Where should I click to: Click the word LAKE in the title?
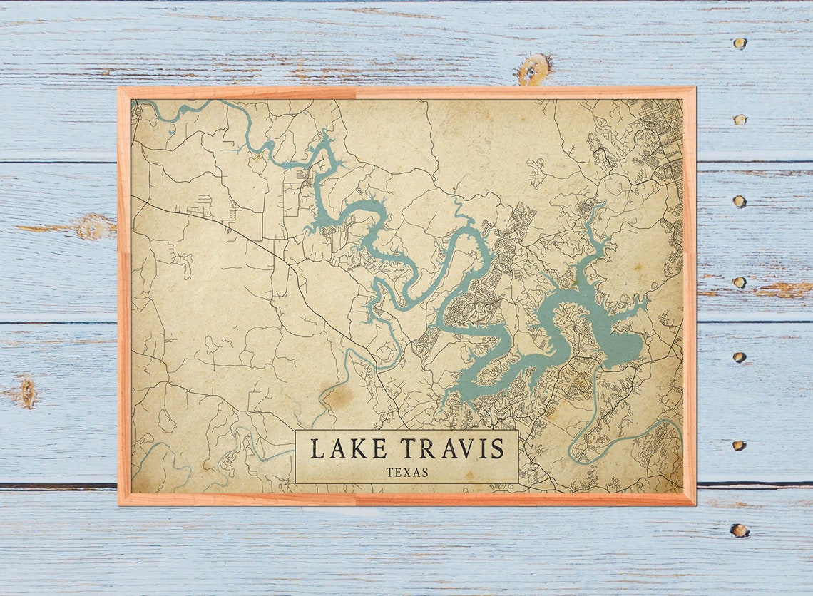coord(349,449)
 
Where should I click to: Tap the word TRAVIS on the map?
coord(452,449)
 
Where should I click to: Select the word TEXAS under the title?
coord(407,472)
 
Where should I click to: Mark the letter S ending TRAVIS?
coord(497,449)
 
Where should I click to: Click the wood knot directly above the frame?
coord(534,69)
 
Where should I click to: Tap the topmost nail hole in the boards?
coord(739,43)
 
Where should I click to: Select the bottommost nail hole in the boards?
coord(739,530)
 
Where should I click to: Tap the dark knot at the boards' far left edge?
coord(27,392)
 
